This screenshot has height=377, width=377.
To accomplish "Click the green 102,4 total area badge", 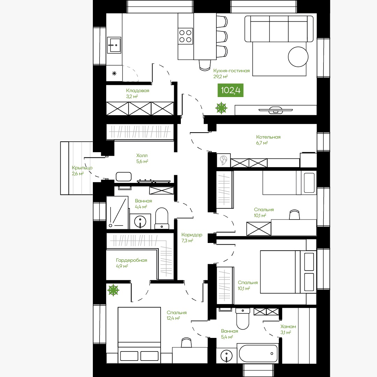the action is [x=230, y=90].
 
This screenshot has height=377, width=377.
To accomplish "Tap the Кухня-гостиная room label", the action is [x=231, y=71].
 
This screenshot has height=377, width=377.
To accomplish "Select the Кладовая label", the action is [x=138, y=91].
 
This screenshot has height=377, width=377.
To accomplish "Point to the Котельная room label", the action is [x=268, y=137].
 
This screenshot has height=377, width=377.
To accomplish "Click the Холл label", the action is [x=142, y=156].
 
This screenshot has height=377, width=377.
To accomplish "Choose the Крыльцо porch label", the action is [x=82, y=168].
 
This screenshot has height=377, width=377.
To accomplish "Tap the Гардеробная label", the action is [x=132, y=260].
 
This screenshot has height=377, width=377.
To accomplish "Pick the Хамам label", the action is [x=288, y=326].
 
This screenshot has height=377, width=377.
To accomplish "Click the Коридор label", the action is [x=192, y=235].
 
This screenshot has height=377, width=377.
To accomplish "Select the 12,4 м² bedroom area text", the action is [x=173, y=318].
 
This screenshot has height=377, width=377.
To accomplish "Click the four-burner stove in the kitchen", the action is [x=185, y=36].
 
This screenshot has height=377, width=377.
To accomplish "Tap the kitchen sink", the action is [x=114, y=45].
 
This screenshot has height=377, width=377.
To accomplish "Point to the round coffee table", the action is [x=298, y=57].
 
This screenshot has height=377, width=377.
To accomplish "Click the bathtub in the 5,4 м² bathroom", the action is [x=258, y=353].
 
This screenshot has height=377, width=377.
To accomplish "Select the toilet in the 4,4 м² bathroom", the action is [x=162, y=218].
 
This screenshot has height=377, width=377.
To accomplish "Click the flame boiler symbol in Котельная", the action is [x=224, y=160].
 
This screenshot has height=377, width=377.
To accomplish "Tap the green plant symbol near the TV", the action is [x=221, y=108].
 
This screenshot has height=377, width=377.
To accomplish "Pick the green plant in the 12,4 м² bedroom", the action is [x=113, y=290].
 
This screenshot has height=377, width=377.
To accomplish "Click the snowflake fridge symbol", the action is [x=114, y=73].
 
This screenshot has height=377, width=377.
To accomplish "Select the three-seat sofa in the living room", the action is [x=279, y=29].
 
